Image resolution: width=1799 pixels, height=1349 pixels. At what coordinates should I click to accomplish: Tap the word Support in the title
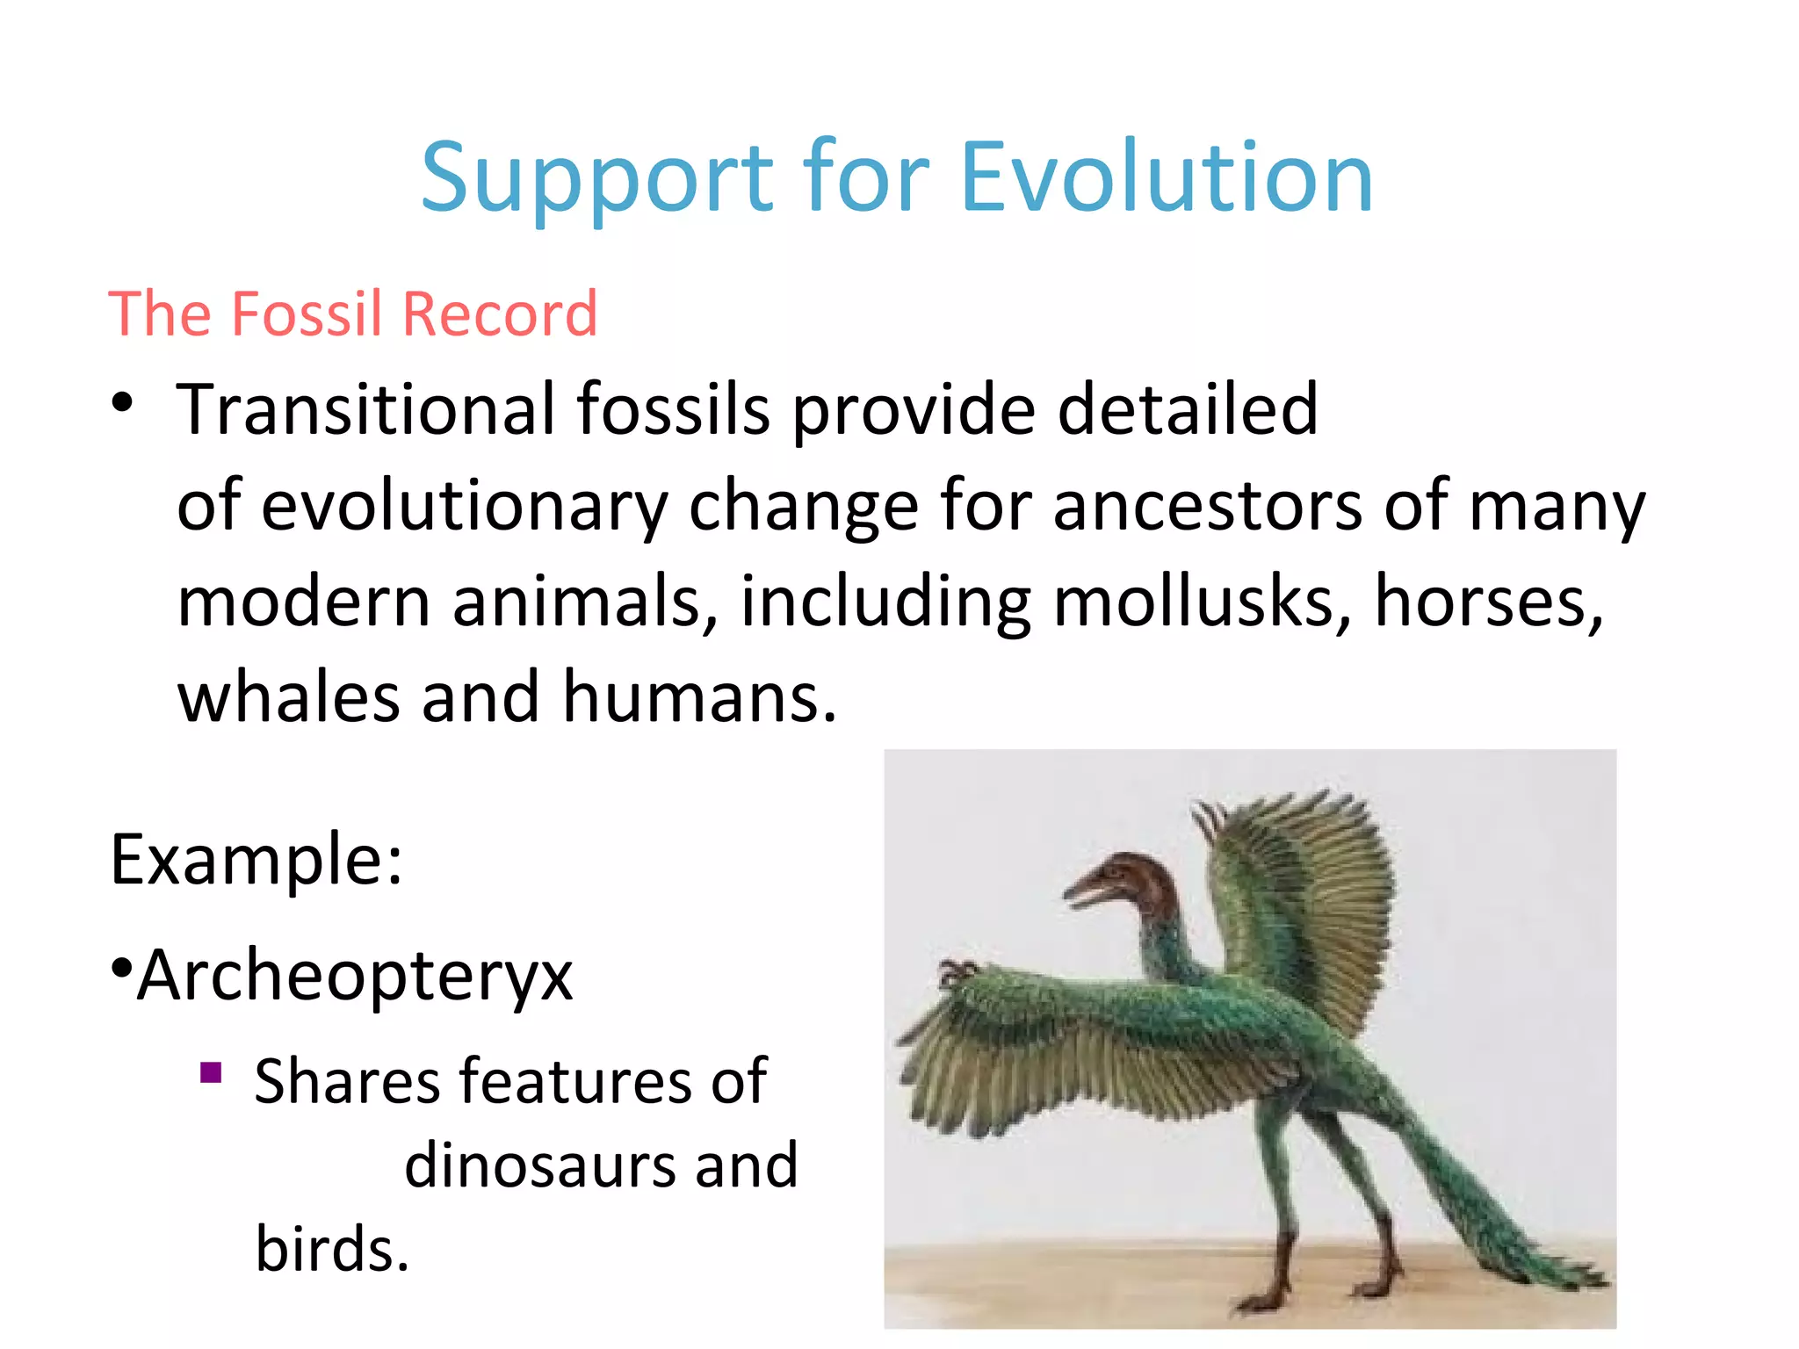point(597,180)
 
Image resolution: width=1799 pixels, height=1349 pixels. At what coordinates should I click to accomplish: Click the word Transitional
point(365,409)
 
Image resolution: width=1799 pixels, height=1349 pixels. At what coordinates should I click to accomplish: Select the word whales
point(289,697)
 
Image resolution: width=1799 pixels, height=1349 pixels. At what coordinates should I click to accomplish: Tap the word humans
point(699,697)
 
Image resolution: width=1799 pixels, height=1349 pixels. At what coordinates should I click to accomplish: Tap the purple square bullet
point(211,1073)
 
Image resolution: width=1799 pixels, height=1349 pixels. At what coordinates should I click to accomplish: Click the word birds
point(331,1250)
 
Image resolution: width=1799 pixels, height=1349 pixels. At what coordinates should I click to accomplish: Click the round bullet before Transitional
point(122,404)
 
